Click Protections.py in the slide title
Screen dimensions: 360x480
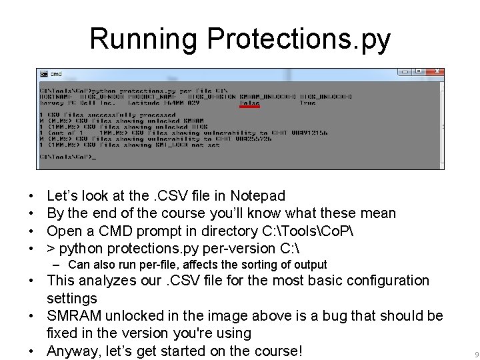(299, 39)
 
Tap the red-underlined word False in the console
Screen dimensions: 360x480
(249, 103)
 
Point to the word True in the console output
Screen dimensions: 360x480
(307, 103)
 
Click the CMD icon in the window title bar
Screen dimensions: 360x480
(43, 73)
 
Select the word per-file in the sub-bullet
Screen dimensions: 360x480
(155, 265)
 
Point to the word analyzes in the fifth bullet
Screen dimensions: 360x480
(109, 281)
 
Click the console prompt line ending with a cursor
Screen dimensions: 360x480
(67, 157)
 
